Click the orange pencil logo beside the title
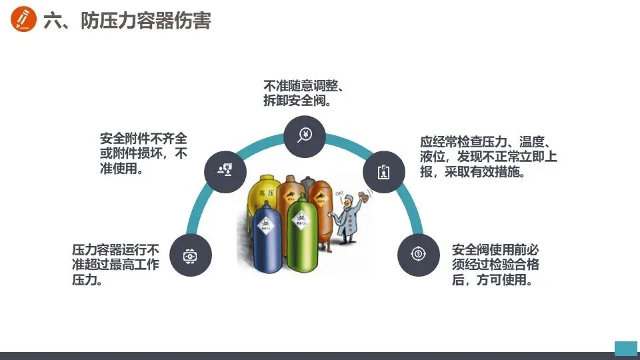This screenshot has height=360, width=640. pyautogui.click(x=24, y=20)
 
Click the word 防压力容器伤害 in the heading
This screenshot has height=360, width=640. pyautogui.click(x=146, y=21)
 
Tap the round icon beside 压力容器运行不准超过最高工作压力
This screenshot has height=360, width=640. pyautogui.click(x=191, y=255)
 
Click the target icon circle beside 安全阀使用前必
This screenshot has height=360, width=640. pyautogui.click(x=418, y=254)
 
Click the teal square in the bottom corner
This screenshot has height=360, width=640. pyautogui.click(x=625, y=347)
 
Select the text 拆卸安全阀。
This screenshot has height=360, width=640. pyautogui.click(x=297, y=101)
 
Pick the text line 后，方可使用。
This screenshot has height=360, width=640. pyautogui.click(x=491, y=281)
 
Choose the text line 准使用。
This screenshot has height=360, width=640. pyautogui.click(x=122, y=169)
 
